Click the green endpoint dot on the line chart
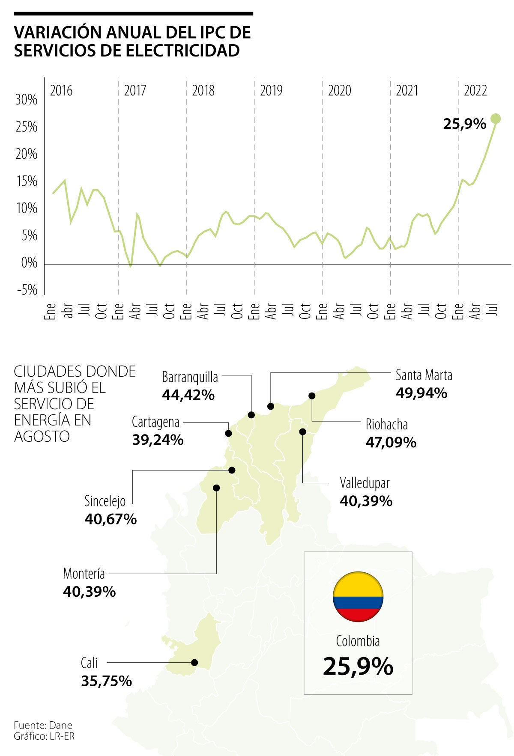tap(496, 119)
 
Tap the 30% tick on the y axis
tap(27, 100)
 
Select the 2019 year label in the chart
tap(271, 91)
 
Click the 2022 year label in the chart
tap(475, 91)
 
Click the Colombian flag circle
tap(358, 597)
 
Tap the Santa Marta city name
tap(424, 375)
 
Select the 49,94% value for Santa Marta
tap(421, 393)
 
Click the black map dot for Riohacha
tap(312, 396)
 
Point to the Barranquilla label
tap(190, 377)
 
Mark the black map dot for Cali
tap(194, 662)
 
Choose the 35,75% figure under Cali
tap(106, 681)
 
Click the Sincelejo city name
tap(105, 501)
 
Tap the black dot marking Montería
tap(216, 488)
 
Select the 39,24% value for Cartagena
tap(158, 440)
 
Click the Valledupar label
tap(365, 483)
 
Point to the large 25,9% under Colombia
tap(358, 667)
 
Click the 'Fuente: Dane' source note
tap(43, 725)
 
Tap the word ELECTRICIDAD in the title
tap(182, 51)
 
